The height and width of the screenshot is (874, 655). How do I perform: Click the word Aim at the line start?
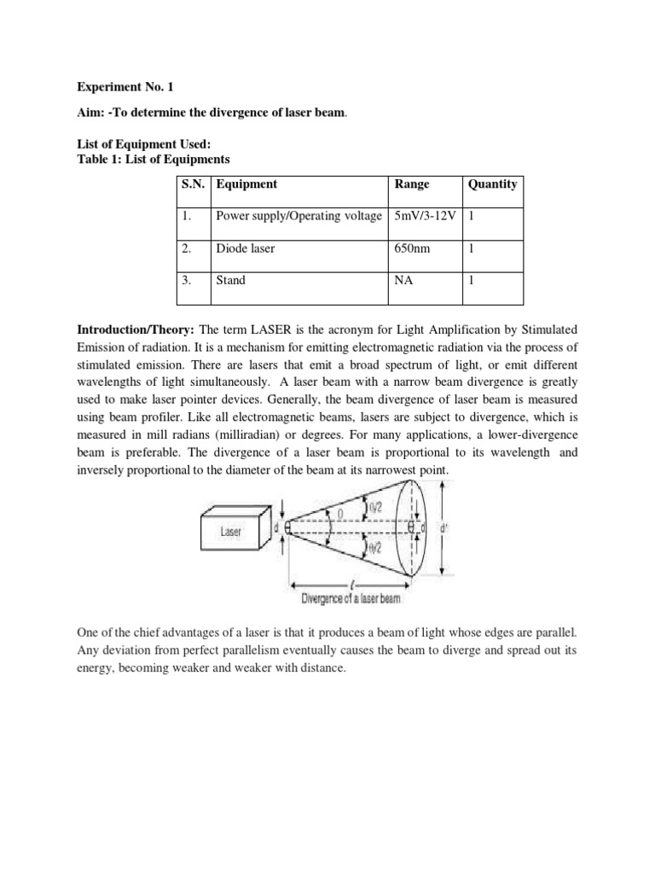pyautogui.click(x=90, y=114)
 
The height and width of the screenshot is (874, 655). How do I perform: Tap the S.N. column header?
pyautogui.click(x=194, y=184)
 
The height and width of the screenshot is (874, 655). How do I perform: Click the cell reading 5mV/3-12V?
pyautogui.click(x=424, y=217)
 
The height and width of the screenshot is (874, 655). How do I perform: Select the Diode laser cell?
pyautogui.click(x=246, y=248)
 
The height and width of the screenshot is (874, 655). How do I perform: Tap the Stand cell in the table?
pyautogui.click(x=231, y=280)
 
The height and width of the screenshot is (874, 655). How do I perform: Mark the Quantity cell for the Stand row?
pyautogui.click(x=472, y=280)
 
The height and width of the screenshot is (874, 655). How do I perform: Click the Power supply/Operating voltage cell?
pyautogui.click(x=299, y=217)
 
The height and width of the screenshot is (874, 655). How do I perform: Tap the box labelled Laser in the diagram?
pyautogui.click(x=231, y=531)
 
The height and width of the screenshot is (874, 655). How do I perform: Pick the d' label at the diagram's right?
pyautogui.click(x=443, y=529)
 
